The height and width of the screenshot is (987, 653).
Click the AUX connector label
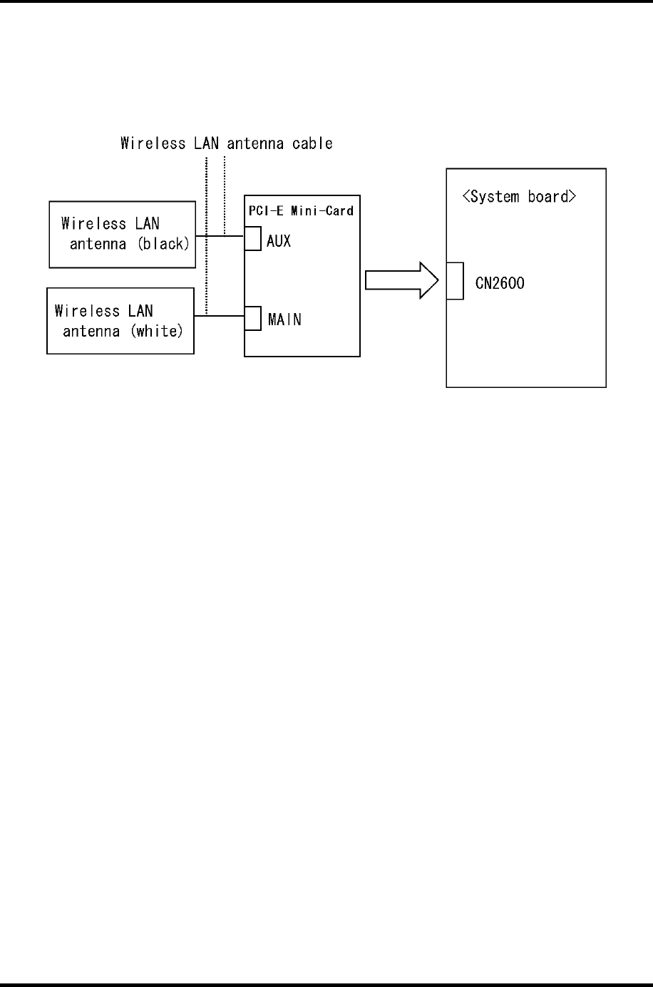(x=279, y=241)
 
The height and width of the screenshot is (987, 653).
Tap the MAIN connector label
(x=284, y=319)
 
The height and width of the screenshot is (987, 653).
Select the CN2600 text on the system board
(x=500, y=284)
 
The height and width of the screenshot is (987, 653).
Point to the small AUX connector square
(x=252, y=239)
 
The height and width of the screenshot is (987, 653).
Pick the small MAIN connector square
(x=252, y=318)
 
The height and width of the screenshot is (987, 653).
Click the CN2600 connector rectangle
(x=455, y=281)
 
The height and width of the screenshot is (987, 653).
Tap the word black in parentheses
(x=164, y=244)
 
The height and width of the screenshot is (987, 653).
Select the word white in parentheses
(x=157, y=331)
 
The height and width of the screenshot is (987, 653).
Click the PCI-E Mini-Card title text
(x=301, y=210)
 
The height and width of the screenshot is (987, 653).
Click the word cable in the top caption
(x=314, y=143)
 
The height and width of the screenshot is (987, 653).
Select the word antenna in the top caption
(x=256, y=143)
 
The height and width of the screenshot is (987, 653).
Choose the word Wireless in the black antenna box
(x=93, y=224)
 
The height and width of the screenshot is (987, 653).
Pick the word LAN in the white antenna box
(x=140, y=311)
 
